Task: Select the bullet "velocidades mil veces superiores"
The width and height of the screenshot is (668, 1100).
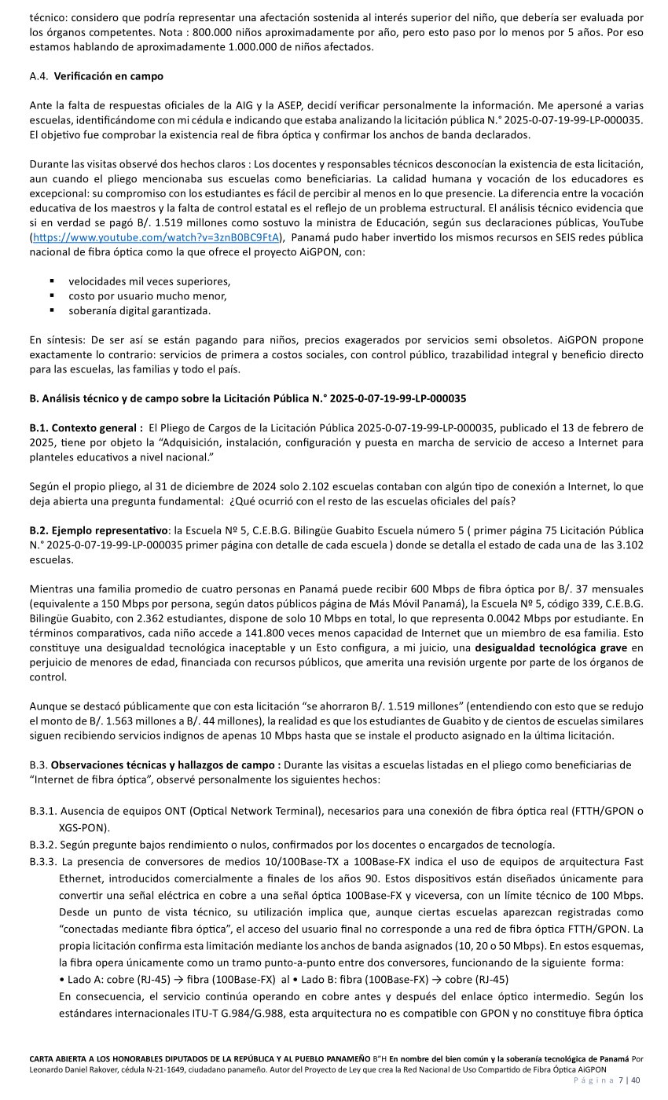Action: click(x=149, y=281)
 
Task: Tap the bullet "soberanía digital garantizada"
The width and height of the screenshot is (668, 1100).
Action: click(x=140, y=310)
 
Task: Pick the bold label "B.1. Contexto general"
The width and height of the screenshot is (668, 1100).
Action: click(x=86, y=427)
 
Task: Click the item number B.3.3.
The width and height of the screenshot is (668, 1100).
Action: click(x=45, y=861)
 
